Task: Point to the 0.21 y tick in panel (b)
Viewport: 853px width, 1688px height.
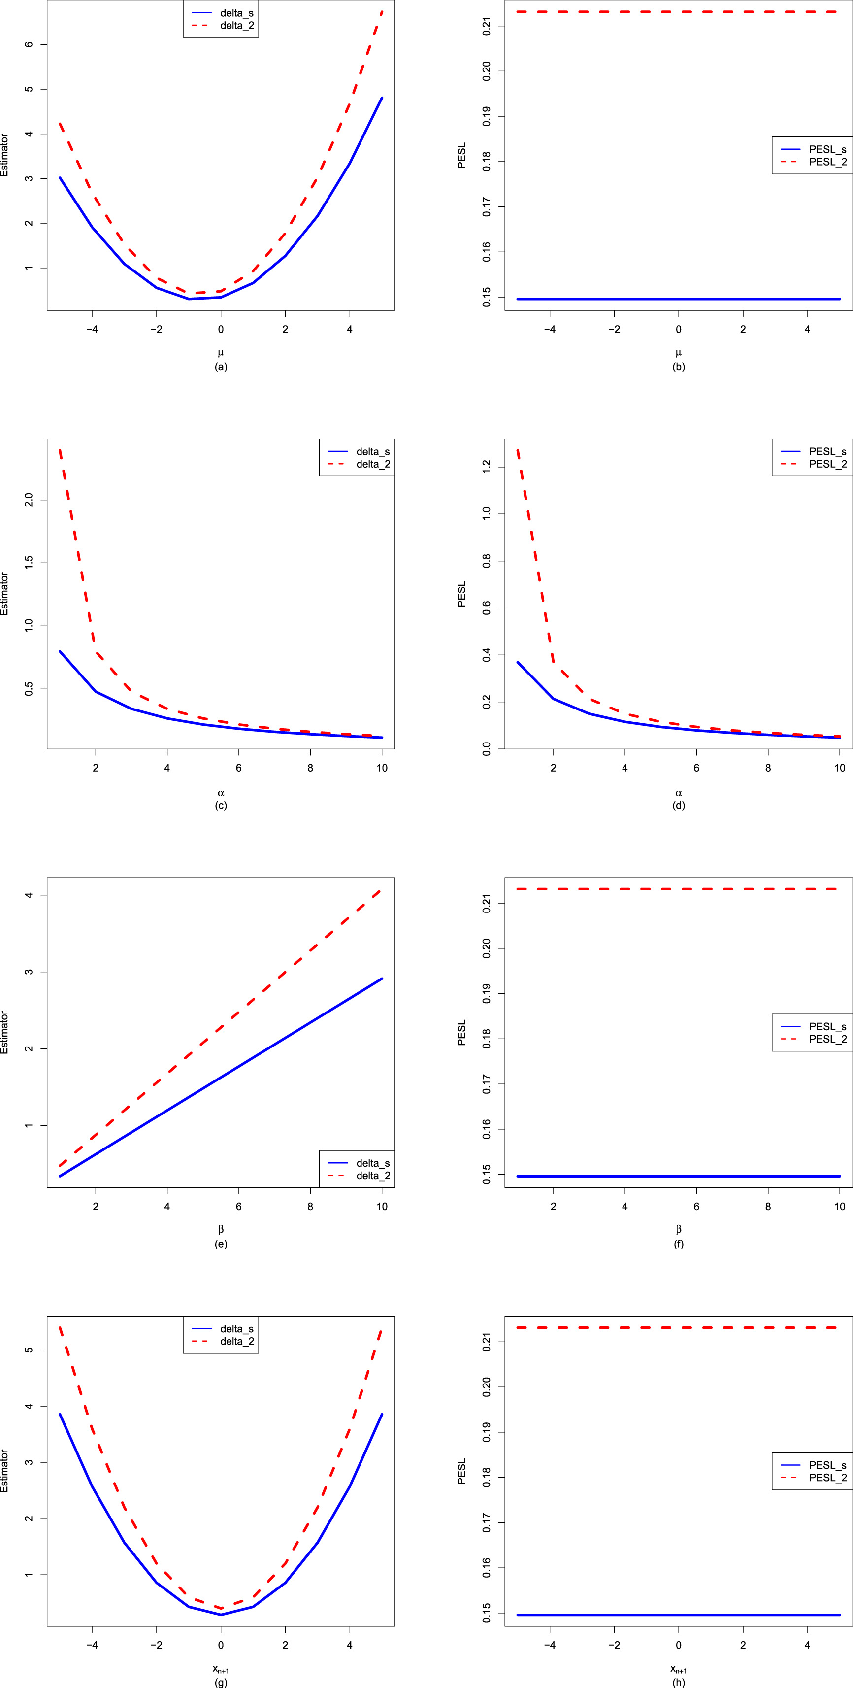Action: [x=487, y=26]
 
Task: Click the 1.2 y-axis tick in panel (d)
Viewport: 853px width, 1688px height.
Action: [x=487, y=467]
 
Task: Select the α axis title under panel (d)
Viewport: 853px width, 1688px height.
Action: [x=679, y=793]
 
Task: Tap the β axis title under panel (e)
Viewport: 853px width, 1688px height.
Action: [x=221, y=1229]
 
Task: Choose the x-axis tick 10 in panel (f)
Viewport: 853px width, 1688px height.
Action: [x=839, y=1206]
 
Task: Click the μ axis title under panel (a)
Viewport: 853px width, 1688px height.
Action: [x=221, y=353]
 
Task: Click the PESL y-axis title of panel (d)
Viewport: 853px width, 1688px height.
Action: [x=462, y=594]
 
